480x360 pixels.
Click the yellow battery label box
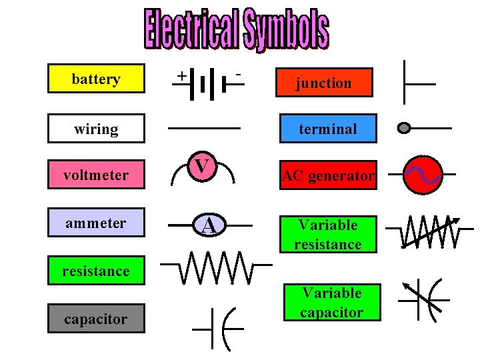tap(96, 79)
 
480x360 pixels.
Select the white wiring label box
tap(96, 129)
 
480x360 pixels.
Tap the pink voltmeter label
tap(96, 175)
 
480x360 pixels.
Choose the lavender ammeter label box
tap(96, 223)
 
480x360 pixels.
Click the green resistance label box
tap(96, 271)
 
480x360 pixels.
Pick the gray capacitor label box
tap(96, 319)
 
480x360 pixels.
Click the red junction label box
tap(324, 83)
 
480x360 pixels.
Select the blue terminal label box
tap(328, 129)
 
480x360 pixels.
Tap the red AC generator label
tap(328, 176)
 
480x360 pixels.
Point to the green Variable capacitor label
tap(331, 302)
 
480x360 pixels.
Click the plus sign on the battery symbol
tap(181, 76)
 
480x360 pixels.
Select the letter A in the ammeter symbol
tap(209, 226)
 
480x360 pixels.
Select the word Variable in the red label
tap(328, 225)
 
